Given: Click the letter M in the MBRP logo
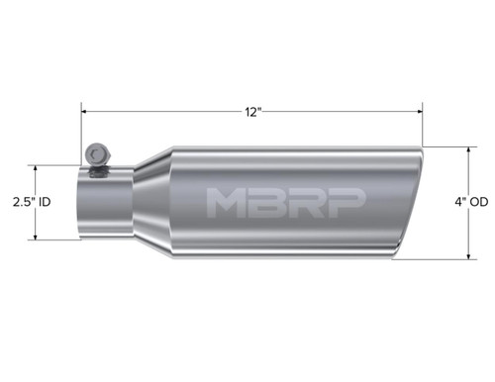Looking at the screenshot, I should (227, 202).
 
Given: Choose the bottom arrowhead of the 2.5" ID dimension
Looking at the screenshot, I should (38, 238).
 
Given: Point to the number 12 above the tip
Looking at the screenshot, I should (249, 112).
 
